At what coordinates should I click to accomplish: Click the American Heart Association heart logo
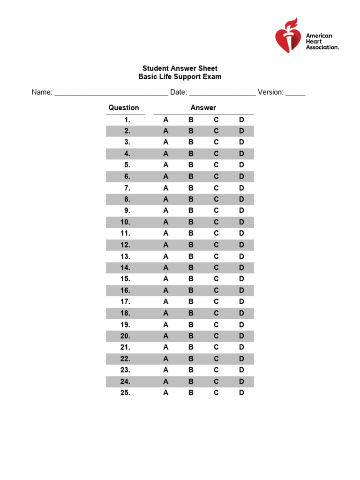point(288,36)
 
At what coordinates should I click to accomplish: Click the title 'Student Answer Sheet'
point(180,68)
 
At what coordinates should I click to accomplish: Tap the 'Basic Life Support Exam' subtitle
point(180,77)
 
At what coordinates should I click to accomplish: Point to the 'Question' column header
point(124,108)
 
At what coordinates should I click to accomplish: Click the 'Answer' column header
point(203,108)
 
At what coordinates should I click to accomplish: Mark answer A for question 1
point(165,120)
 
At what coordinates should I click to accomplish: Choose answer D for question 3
point(241,142)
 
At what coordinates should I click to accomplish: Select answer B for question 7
point(191,188)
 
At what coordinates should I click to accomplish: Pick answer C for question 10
point(216,222)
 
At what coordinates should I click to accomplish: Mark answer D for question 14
point(241,268)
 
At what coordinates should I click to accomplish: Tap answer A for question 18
point(165,313)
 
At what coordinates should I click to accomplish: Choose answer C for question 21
point(216,347)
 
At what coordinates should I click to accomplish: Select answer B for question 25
point(191,393)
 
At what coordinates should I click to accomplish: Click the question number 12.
point(125,245)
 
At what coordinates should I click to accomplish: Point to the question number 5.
point(127,165)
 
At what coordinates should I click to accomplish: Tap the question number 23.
point(125,370)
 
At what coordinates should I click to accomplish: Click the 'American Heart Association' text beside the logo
point(322,41)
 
